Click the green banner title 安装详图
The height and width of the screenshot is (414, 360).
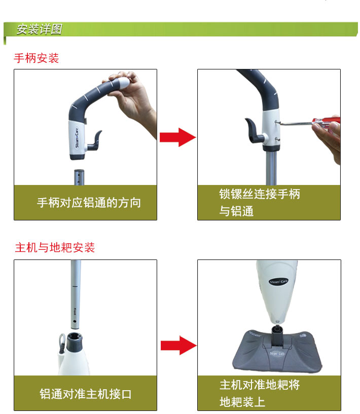coord(40,29)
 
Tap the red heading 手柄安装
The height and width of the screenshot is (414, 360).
coord(36,58)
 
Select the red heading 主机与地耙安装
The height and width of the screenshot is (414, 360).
coord(55,247)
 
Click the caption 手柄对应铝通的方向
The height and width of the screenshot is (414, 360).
coord(89,203)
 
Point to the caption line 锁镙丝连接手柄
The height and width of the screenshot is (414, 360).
coord(260,194)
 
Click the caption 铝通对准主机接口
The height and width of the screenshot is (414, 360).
coord(86,394)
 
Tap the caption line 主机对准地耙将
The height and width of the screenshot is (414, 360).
coord(260,385)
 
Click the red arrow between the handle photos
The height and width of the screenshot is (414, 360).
coord(178,137)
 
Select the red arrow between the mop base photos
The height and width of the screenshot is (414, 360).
coord(178,346)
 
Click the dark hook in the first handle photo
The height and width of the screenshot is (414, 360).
coord(94,141)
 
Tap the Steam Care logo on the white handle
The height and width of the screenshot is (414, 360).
coord(77,138)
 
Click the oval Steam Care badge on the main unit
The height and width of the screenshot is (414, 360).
coord(278,281)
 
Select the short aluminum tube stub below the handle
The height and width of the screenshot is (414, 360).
coord(79,177)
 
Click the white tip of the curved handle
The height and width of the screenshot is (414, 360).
coord(122,83)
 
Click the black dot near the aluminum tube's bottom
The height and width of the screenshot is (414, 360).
coord(75,321)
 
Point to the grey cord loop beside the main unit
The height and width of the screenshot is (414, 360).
coord(62,342)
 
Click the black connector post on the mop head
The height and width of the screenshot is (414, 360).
coord(277,336)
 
